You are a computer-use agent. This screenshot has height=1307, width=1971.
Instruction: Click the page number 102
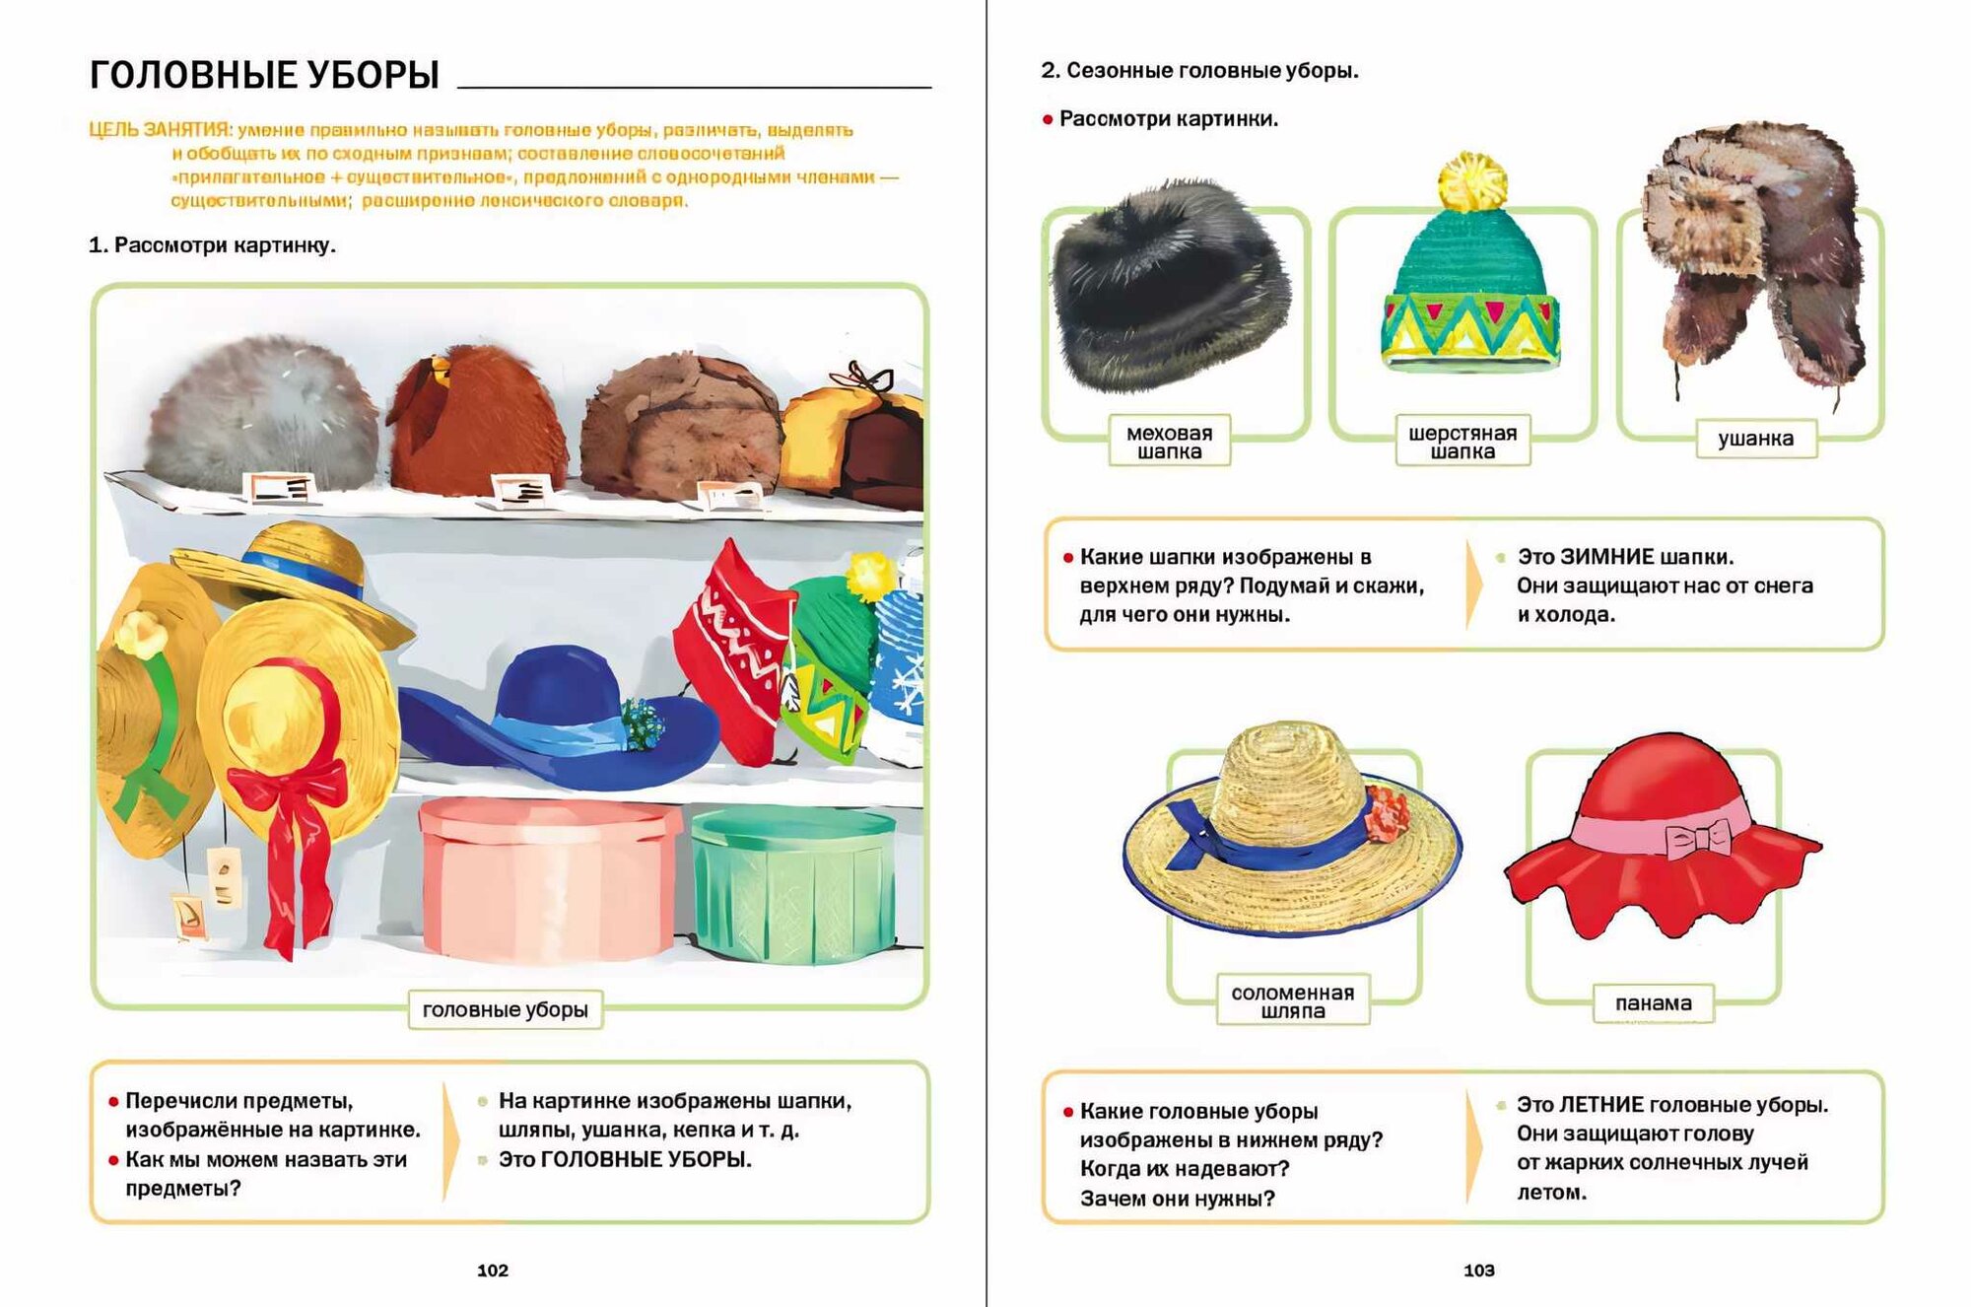(493, 1271)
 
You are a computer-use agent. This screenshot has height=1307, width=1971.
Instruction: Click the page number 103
(1478, 1271)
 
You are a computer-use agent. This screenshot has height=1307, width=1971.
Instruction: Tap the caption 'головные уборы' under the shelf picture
(505, 1009)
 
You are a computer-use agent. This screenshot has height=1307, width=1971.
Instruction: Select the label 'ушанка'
(1755, 439)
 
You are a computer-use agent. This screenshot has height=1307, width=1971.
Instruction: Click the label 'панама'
(1653, 1003)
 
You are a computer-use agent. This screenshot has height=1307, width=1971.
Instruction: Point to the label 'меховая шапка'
(1169, 442)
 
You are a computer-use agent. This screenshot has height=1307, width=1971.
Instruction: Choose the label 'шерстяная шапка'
(1462, 442)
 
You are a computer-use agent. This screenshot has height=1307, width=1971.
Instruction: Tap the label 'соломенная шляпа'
(1292, 1001)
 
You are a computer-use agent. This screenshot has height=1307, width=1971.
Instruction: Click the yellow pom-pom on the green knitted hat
(1472, 180)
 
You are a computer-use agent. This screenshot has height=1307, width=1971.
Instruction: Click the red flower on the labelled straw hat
(1388, 813)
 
